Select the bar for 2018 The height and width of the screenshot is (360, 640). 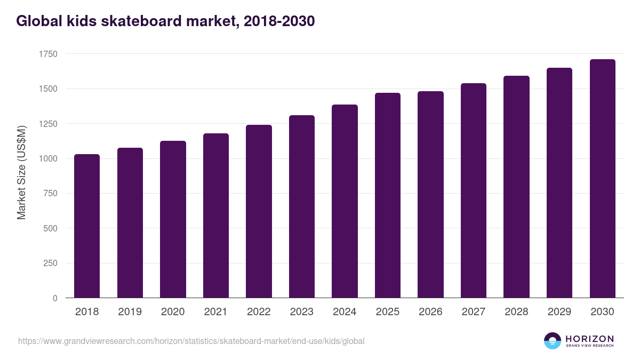[87, 226]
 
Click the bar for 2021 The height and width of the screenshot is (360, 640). [216, 215]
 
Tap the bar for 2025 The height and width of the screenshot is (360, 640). [388, 195]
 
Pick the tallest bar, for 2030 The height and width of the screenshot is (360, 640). [602, 179]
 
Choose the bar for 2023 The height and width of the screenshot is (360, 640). [302, 206]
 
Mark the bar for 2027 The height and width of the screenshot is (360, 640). [474, 190]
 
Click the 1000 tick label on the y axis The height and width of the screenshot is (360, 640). [48, 159]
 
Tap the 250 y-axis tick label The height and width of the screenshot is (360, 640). [50, 263]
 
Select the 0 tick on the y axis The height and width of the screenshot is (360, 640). [55, 298]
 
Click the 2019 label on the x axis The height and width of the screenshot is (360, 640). [130, 312]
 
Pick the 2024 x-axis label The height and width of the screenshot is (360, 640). [345, 312]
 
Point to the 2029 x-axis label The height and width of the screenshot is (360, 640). [559, 312]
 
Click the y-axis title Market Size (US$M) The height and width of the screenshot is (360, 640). [21, 172]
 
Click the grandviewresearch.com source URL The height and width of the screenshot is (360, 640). [191, 341]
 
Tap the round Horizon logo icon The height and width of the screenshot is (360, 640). [553, 341]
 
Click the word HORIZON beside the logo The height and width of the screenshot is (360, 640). [589, 339]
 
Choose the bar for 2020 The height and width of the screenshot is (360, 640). [173, 219]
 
